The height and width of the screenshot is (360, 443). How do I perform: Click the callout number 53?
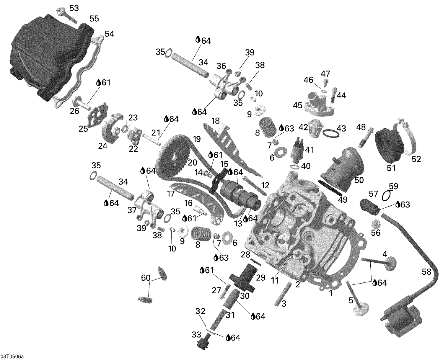point(74,8)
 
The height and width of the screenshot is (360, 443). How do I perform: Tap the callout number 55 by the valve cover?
point(94,19)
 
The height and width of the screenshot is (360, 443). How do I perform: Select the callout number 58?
point(426,272)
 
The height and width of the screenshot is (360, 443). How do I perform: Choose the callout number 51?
point(391,168)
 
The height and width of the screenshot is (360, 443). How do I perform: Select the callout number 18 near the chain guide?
point(216,121)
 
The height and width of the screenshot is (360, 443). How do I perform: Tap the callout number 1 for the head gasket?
point(331,293)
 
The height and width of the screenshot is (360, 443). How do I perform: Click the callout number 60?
point(146,278)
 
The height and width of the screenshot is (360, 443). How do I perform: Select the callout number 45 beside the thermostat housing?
point(297,105)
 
